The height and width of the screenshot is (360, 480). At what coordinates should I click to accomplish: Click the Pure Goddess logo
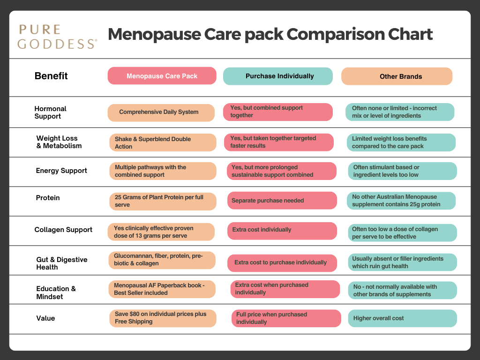click(x=58, y=37)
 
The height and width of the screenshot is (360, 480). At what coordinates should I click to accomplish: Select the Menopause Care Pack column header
click(x=162, y=76)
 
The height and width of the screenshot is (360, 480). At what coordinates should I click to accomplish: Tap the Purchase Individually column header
click(x=277, y=76)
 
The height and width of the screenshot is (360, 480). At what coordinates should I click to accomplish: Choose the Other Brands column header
click(x=397, y=76)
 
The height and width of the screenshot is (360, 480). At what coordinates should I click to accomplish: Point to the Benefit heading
click(x=51, y=76)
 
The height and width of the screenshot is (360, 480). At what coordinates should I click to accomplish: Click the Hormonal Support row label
click(x=51, y=112)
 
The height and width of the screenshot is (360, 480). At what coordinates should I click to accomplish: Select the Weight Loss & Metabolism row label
click(x=59, y=142)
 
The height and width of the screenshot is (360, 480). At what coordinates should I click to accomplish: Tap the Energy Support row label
click(x=61, y=171)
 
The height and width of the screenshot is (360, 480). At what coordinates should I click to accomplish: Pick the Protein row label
click(x=48, y=198)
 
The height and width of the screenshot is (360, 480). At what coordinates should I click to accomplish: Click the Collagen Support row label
click(x=63, y=230)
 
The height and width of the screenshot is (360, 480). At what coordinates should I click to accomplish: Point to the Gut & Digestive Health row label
click(x=62, y=263)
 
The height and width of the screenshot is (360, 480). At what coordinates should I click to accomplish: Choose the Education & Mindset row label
click(x=56, y=292)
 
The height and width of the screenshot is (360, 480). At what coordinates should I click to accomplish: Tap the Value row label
click(x=45, y=318)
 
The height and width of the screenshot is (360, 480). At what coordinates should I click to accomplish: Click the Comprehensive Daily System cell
click(x=161, y=112)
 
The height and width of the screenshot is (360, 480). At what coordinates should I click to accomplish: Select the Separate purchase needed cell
click(x=282, y=201)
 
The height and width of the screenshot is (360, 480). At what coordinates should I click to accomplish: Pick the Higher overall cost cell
click(x=402, y=318)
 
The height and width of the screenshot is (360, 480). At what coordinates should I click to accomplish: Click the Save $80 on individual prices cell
click(x=163, y=318)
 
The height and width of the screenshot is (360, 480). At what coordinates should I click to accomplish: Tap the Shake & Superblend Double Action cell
click(x=163, y=142)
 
